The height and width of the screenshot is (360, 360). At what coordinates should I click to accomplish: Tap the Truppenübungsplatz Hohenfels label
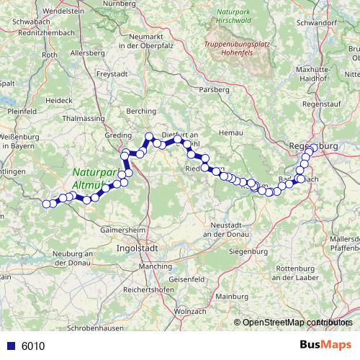[238, 48]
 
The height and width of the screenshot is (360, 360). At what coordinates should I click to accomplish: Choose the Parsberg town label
[215, 89]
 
